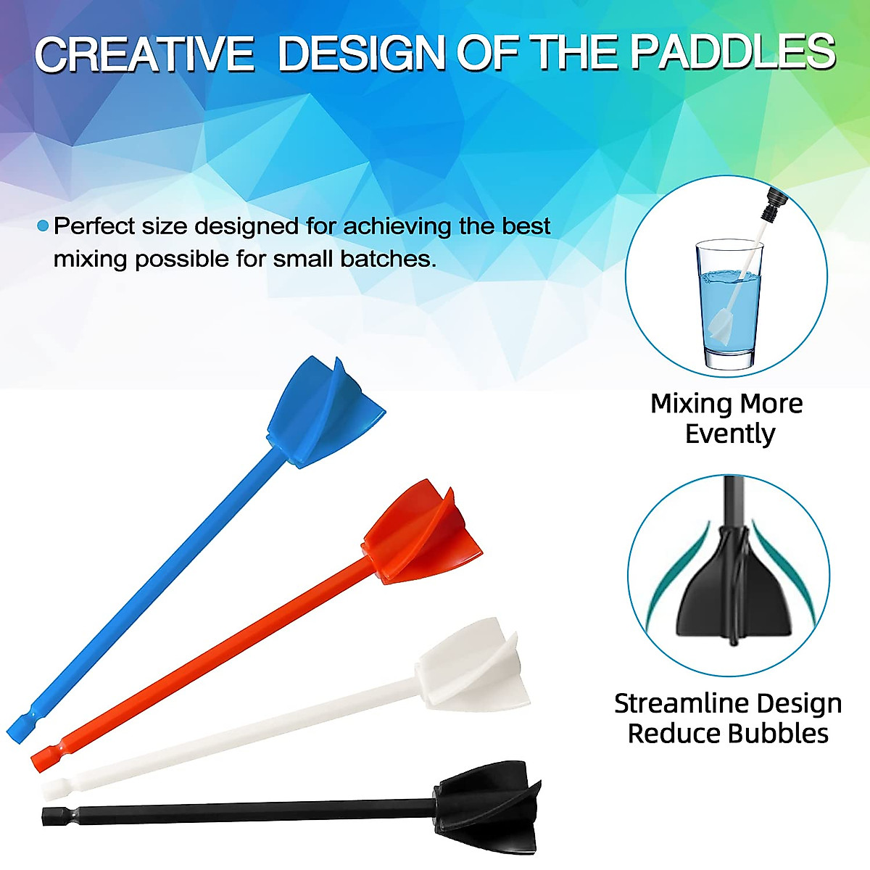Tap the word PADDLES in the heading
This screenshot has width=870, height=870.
[732, 53]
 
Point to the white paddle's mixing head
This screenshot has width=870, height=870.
[471, 666]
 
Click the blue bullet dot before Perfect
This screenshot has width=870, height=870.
[43, 226]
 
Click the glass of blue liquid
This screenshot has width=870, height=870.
[728, 304]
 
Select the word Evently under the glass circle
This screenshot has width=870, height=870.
[729, 434]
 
